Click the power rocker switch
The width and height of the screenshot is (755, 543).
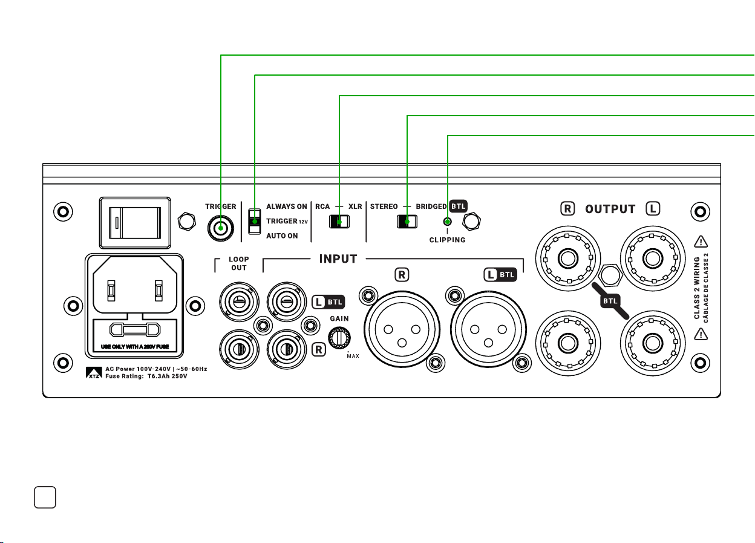coord(135,223)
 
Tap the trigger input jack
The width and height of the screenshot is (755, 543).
coord(221,228)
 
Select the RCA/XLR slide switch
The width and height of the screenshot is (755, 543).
coord(339,222)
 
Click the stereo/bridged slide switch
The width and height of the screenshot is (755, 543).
coord(407,222)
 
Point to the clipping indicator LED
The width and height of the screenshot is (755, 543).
coord(448,222)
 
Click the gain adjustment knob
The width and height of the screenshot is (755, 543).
coord(339,338)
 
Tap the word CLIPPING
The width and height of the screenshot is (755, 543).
coord(447,240)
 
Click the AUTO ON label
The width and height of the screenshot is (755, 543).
coord(282,235)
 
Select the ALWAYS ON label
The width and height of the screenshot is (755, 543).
coord(287,206)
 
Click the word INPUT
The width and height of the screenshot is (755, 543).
coord(338,258)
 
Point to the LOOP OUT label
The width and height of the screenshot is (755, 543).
coord(239,263)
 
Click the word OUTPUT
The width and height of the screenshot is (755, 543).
coord(610,209)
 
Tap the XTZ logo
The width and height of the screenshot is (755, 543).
coord(94,372)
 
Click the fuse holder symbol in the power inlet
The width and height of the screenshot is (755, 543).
coord(135,329)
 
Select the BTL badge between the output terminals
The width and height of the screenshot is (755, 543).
coord(610,301)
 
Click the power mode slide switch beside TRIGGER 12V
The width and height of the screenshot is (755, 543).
coord(255,222)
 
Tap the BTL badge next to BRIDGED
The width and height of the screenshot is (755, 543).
coord(459,206)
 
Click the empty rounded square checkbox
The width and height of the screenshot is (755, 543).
coord(45,497)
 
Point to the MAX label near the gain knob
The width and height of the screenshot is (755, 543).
coord(353,356)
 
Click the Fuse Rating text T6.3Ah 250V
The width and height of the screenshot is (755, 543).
coord(167,376)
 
